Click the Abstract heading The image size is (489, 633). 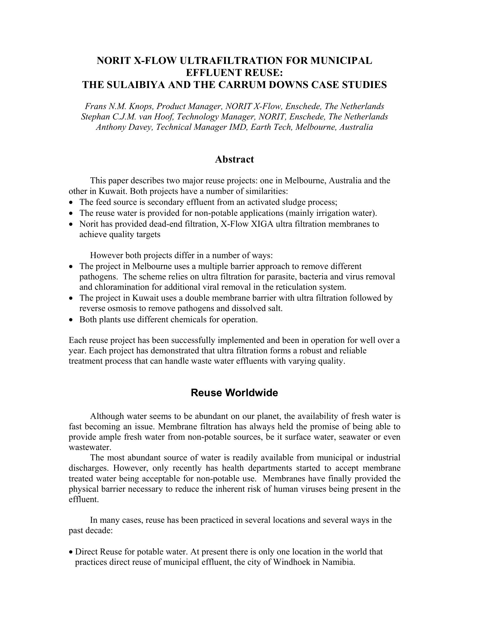(234, 159)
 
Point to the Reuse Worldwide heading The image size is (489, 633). (234, 393)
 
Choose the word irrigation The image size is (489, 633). (328, 213)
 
